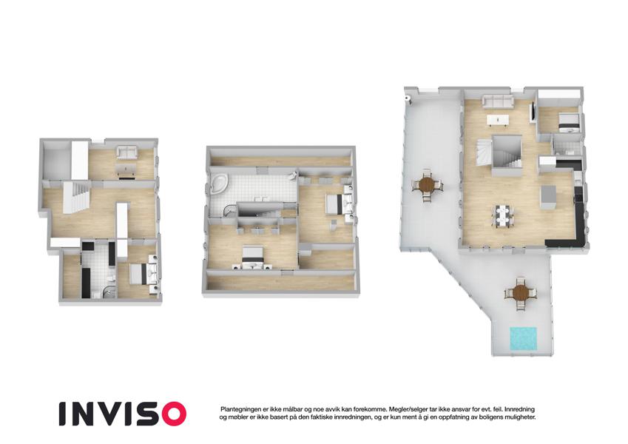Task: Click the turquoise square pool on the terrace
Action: click(523, 339)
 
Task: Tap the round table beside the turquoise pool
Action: click(521, 293)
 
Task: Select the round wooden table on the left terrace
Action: click(428, 186)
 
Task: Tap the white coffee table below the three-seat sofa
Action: click(498, 120)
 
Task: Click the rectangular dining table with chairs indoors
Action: click(503, 216)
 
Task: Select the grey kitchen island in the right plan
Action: click(548, 196)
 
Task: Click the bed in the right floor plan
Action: click(569, 122)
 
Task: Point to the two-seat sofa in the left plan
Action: click(126, 152)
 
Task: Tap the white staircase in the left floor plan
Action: click(76, 197)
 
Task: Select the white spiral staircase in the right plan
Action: click(484, 152)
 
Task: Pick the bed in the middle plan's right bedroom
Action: click(337, 203)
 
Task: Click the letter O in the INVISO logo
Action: click(172, 414)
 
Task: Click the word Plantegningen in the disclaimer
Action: click(238, 409)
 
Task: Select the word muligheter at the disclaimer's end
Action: click(522, 417)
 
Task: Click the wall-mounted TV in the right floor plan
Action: click(533, 110)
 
